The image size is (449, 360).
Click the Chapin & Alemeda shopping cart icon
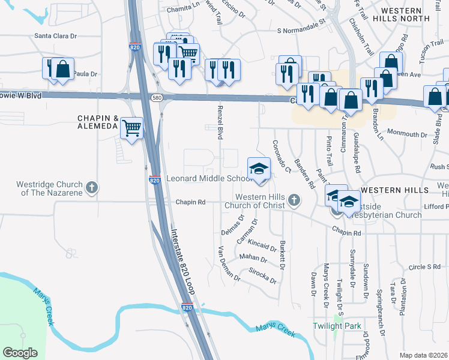[x=131, y=127]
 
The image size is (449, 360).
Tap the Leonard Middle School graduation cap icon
[x=259, y=168]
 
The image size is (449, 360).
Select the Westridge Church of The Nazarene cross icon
[x=92, y=188]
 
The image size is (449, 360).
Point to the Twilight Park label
[x=337, y=326]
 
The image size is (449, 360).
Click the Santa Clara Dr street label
[x=56, y=36]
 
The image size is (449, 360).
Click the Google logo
[x=20, y=353]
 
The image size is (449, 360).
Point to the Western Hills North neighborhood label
[x=405, y=14]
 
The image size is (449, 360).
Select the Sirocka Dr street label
[x=262, y=275]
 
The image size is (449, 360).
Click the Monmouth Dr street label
[x=407, y=133]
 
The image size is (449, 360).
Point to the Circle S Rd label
[x=424, y=266]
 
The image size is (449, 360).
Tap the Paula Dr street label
[x=84, y=73]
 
